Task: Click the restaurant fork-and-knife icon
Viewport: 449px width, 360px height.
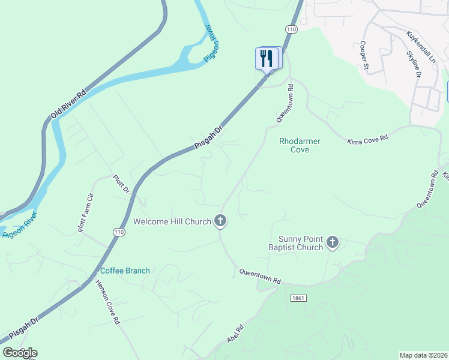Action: point(267,58)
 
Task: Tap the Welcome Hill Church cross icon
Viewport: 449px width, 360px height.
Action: point(220,221)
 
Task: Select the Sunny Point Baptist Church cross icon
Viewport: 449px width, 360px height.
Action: point(333,243)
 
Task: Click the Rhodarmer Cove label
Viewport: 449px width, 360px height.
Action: point(300,145)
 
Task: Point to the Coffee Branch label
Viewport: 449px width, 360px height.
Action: point(125,271)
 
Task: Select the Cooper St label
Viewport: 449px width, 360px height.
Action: point(364,55)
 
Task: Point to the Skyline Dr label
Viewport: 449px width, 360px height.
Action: point(414,65)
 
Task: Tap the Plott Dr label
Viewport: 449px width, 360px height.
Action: point(122,184)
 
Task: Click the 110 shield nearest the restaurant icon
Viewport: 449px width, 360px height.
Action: point(292,29)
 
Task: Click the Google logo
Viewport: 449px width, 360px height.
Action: point(20,353)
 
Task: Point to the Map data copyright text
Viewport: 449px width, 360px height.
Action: point(423,355)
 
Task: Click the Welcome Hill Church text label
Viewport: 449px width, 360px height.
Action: point(172,221)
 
